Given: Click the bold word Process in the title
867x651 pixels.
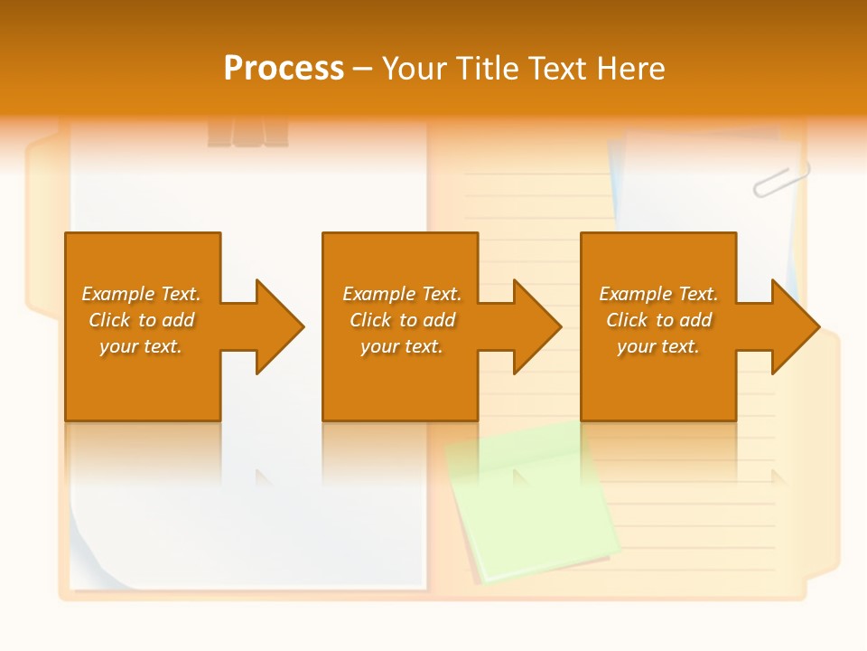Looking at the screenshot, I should (x=284, y=69).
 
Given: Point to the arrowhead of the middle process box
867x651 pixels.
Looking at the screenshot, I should (x=536, y=326).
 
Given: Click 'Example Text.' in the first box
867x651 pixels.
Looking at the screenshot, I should (x=141, y=294).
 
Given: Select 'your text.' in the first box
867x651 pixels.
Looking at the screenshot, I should (x=141, y=346).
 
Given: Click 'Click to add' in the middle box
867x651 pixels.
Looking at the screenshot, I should (x=402, y=320).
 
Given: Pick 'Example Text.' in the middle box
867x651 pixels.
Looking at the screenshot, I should (x=402, y=294).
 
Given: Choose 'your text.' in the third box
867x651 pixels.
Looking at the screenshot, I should (x=658, y=346).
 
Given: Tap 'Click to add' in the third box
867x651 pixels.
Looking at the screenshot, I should (x=658, y=320).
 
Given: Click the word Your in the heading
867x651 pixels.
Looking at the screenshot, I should (x=414, y=69).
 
